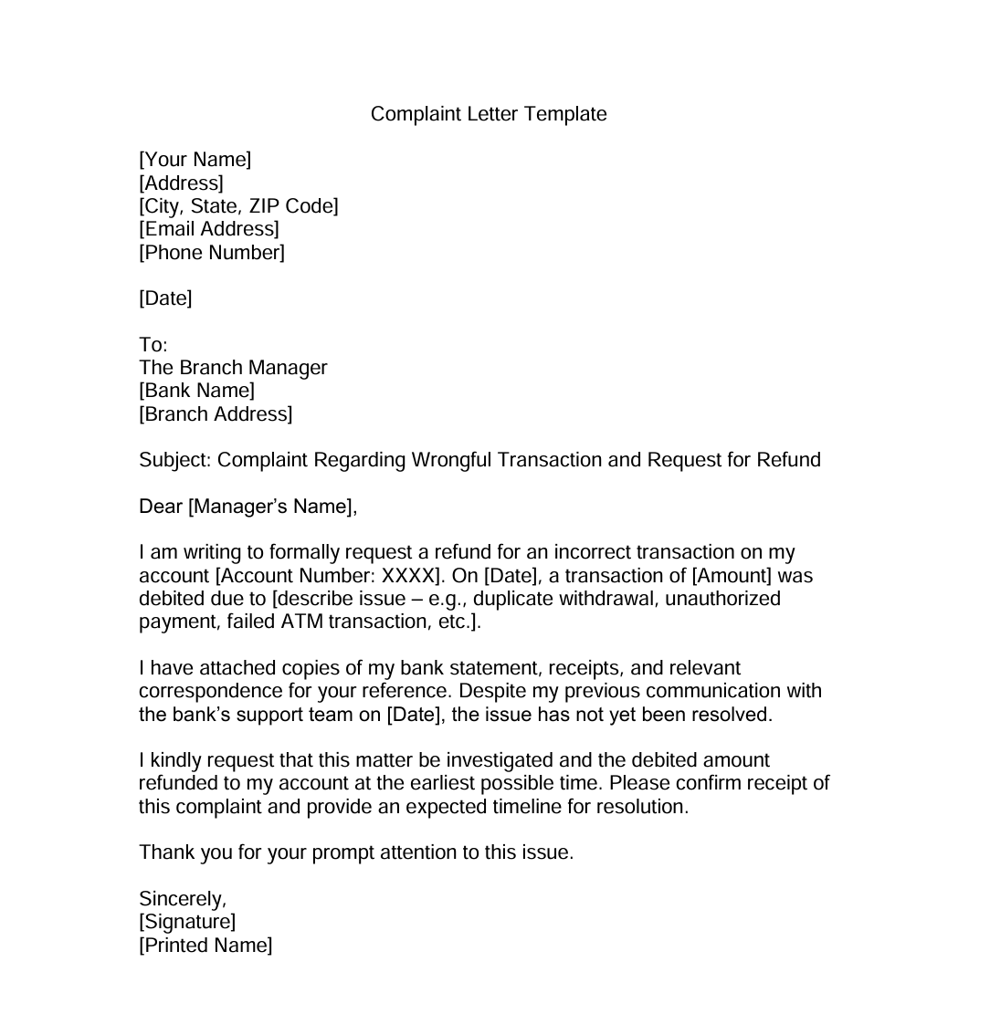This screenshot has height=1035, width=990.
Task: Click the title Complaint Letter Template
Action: (x=489, y=114)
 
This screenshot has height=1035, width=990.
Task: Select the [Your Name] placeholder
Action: (x=195, y=160)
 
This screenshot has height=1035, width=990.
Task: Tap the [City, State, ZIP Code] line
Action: (x=238, y=206)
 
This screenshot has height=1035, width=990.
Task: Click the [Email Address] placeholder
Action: (x=209, y=229)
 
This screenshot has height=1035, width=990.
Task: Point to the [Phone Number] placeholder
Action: (x=212, y=252)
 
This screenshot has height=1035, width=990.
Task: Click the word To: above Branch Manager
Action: (x=153, y=345)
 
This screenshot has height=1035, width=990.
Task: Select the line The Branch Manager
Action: (x=233, y=368)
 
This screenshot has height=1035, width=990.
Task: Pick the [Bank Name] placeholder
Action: (x=196, y=391)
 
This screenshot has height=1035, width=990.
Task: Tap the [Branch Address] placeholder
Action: (x=216, y=414)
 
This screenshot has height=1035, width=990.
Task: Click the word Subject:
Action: (x=175, y=460)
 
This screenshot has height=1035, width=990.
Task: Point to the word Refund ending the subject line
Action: (x=788, y=460)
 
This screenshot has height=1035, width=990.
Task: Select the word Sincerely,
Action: (x=183, y=899)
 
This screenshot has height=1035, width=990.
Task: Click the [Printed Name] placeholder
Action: (x=205, y=946)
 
